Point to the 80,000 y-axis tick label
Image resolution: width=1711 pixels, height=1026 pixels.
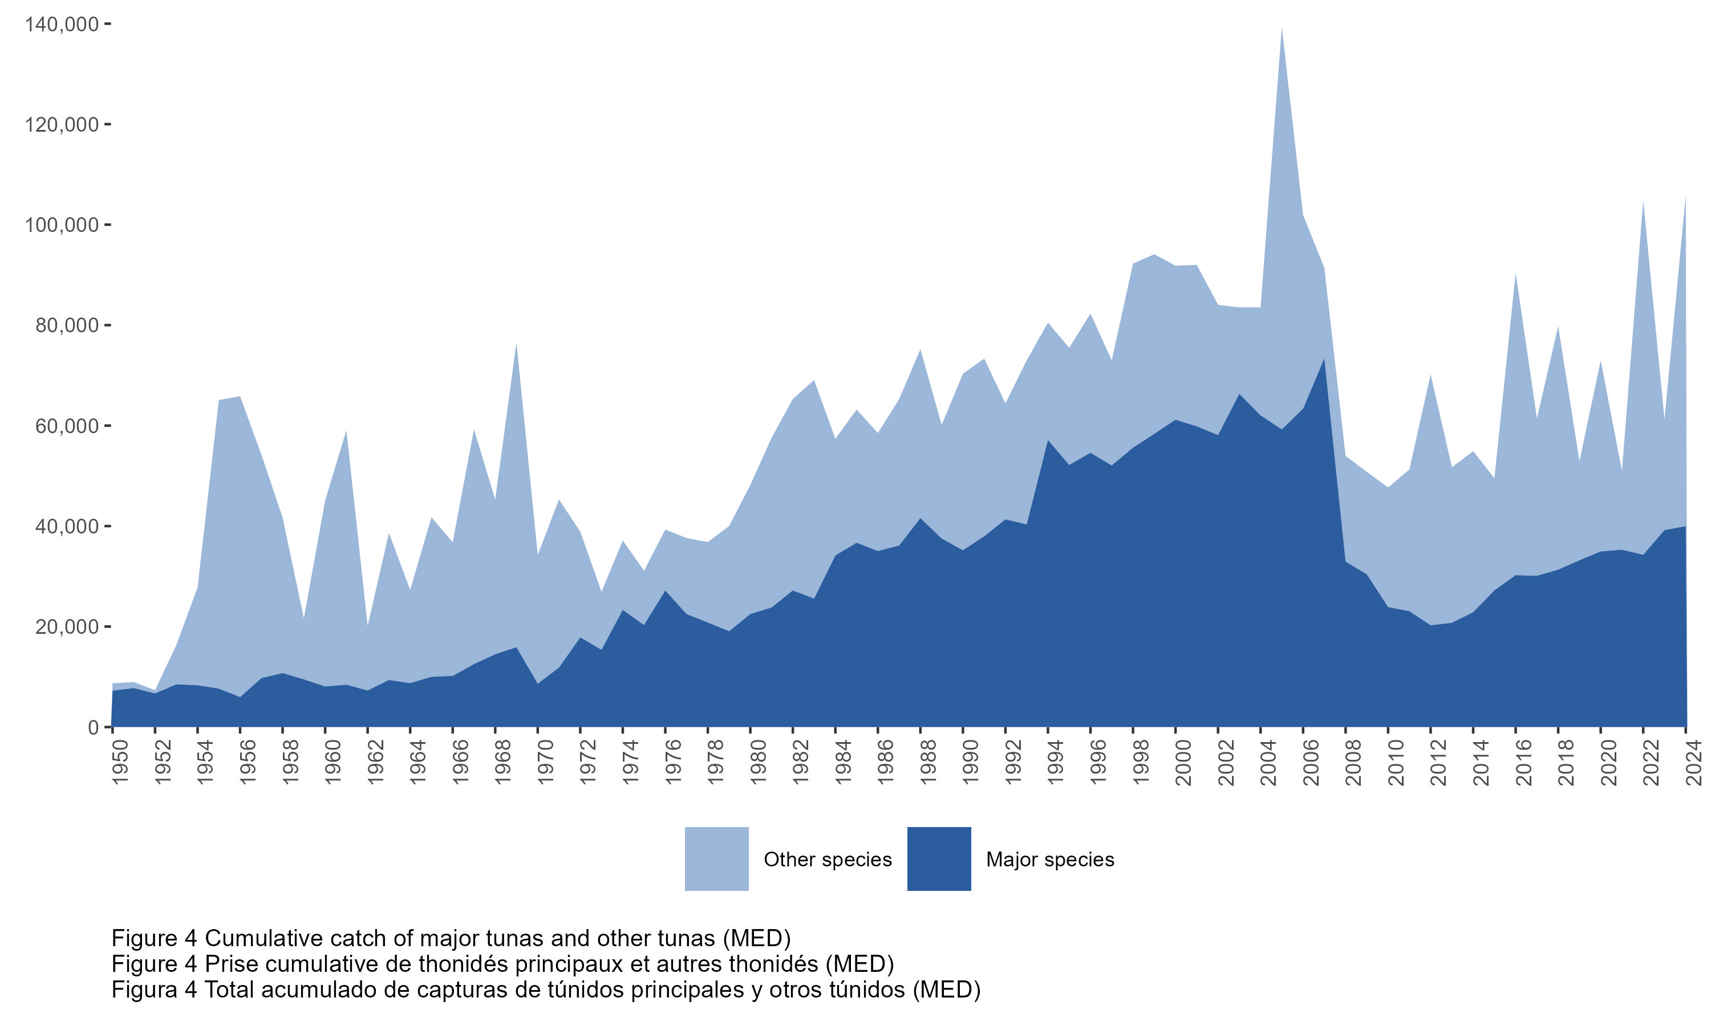click(x=67, y=325)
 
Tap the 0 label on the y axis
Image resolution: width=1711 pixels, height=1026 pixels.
click(x=94, y=727)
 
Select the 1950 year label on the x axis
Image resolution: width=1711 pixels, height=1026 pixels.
click(x=120, y=763)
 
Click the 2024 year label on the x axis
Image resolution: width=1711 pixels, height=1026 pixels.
click(x=1694, y=763)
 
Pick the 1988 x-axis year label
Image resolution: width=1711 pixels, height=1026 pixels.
click(x=928, y=763)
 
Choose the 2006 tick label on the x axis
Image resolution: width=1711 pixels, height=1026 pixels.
click(x=1311, y=763)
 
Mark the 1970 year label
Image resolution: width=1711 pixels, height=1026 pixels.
click(x=546, y=763)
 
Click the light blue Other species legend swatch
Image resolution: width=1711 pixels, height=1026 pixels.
click(x=716, y=858)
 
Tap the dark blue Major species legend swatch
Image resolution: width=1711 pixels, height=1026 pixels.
click(x=939, y=858)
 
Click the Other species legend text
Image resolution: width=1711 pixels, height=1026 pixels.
click(x=827, y=860)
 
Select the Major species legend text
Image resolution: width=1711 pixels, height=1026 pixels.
click(x=1050, y=860)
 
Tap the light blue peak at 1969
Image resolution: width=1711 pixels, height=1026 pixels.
click(x=516, y=345)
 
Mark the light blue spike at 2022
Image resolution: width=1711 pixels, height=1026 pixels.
click(x=1643, y=205)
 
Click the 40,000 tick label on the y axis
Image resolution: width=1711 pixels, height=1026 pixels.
click(x=67, y=527)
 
